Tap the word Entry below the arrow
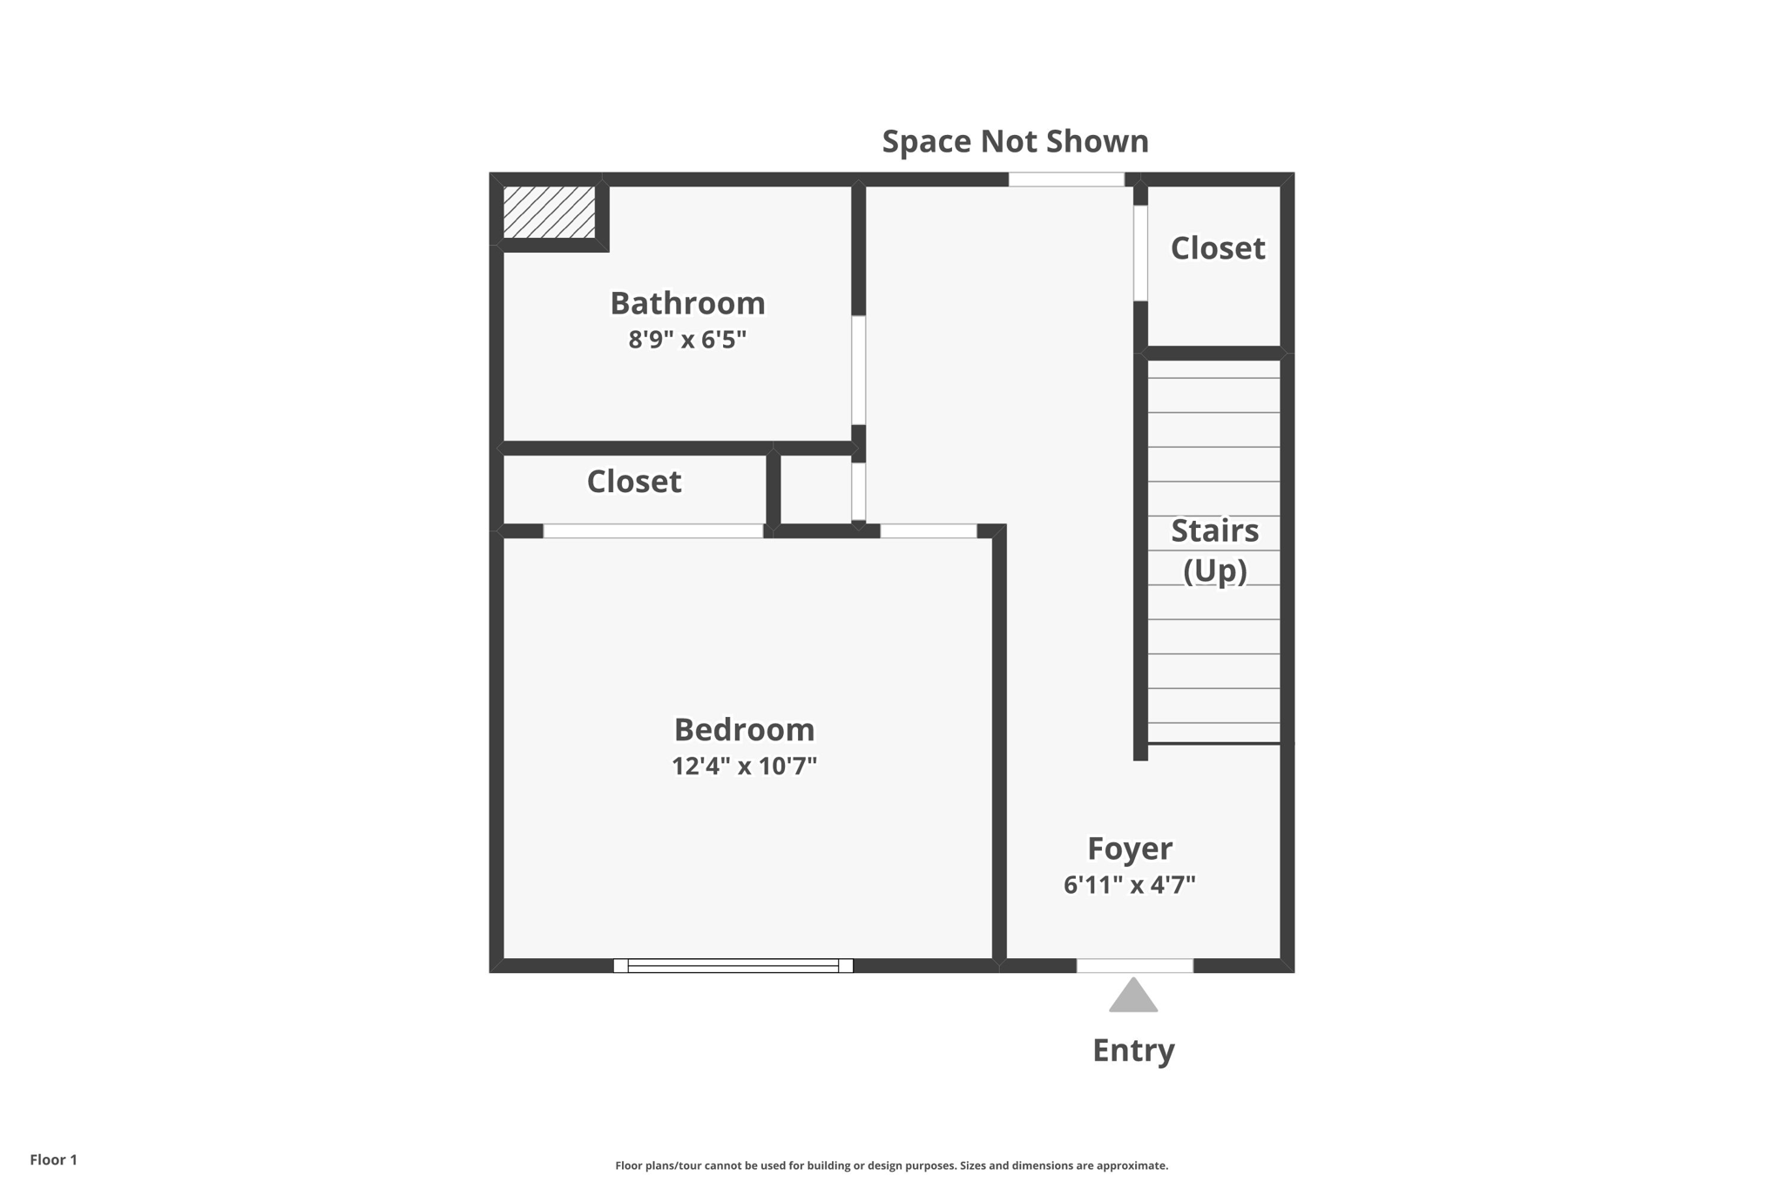point(1133,1051)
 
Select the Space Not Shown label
point(1015,141)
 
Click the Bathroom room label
point(687,303)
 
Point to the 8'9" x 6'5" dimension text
point(687,340)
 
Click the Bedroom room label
point(744,729)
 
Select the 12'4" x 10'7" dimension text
point(744,767)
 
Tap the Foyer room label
point(1130,848)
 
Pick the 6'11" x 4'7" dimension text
point(1130,885)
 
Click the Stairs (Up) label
point(1214,550)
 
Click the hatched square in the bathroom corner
point(549,212)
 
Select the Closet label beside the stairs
point(1217,248)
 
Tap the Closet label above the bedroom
point(633,482)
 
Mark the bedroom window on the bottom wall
point(733,965)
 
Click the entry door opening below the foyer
point(1134,965)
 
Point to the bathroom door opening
point(858,370)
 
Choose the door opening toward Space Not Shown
point(1066,179)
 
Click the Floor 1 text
point(53,1159)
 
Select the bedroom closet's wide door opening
point(652,530)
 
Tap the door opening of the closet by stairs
point(1140,253)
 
